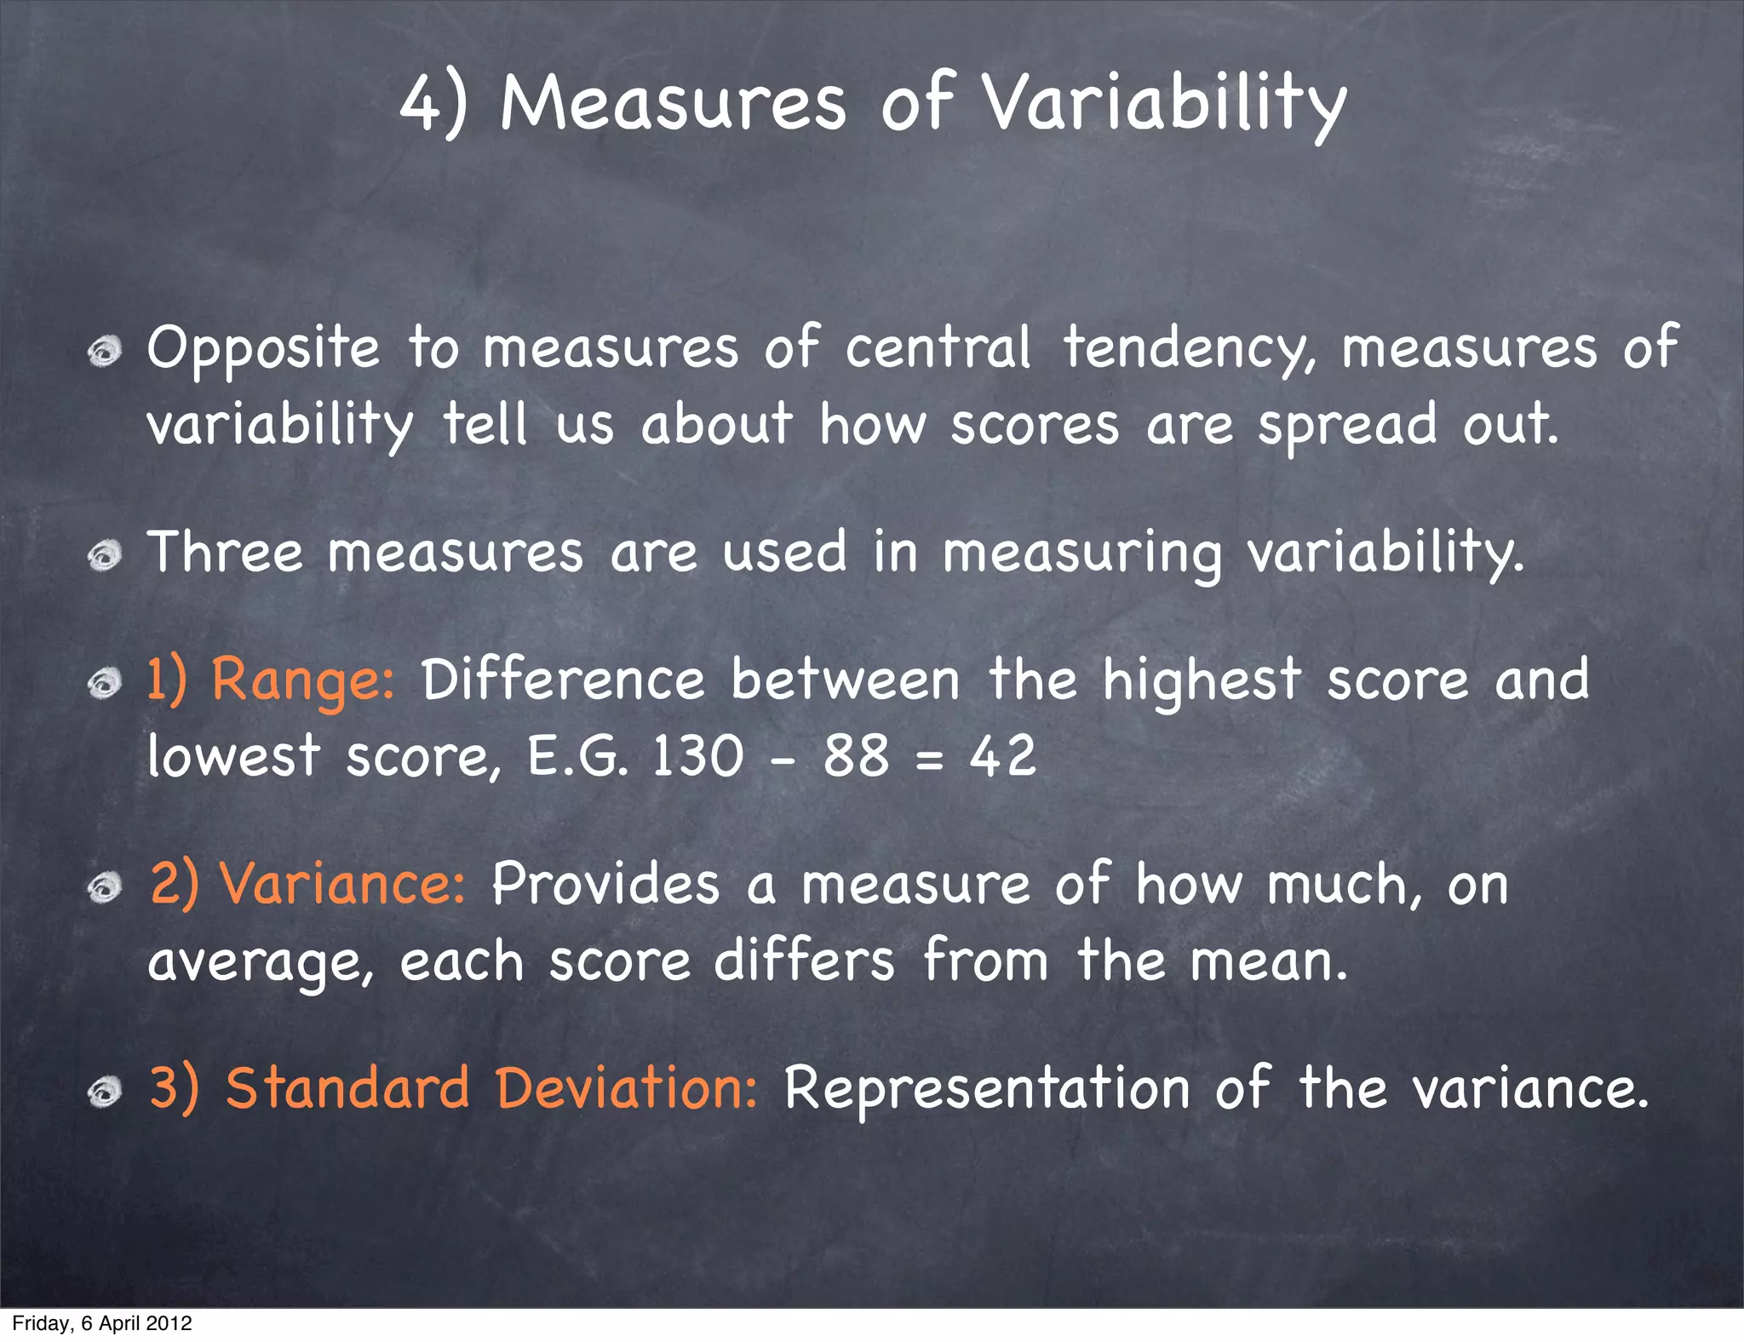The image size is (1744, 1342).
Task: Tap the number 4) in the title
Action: [x=433, y=104]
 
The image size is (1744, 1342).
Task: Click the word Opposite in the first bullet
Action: [x=263, y=349]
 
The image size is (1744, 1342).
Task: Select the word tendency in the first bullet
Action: [x=1189, y=349]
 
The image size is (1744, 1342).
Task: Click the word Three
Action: [x=225, y=552]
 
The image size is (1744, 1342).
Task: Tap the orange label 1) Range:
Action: [x=271, y=681]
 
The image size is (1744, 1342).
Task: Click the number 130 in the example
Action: [x=697, y=755]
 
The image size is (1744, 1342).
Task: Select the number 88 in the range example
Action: [x=855, y=755]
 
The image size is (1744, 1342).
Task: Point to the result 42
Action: [x=1003, y=755]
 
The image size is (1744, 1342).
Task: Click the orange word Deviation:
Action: [x=627, y=1088]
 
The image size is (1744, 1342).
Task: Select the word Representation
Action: [x=986, y=1090]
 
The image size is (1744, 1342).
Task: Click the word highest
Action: [x=1202, y=681]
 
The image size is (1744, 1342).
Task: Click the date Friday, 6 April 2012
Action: [x=102, y=1323]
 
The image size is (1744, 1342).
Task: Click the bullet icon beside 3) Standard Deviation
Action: [x=105, y=1093]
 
